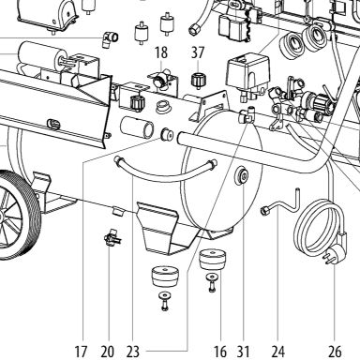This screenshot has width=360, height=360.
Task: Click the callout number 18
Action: pyautogui.click(x=161, y=52)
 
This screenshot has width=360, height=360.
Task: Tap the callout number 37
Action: pyautogui.click(x=198, y=52)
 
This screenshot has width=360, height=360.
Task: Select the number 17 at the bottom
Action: pyautogui.click(x=81, y=352)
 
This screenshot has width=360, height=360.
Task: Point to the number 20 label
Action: pyautogui.click(x=108, y=352)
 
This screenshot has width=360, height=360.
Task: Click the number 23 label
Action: pyautogui.click(x=133, y=352)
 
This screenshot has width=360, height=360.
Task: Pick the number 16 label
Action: pyautogui.click(x=220, y=352)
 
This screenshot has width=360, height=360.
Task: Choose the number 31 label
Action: pyautogui.click(x=243, y=352)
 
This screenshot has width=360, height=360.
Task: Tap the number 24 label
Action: pyautogui.click(x=277, y=352)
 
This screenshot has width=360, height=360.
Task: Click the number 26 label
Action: pyautogui.click(x=335, y=352)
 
